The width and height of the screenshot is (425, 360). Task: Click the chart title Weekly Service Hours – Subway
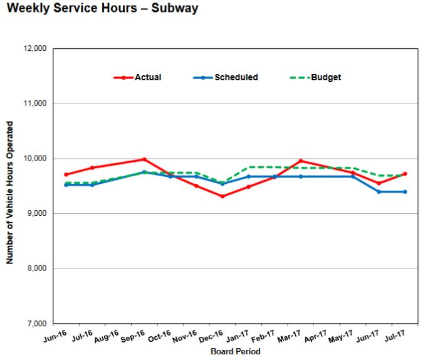click(102, 9)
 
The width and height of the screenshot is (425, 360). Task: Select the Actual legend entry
click(147, 78)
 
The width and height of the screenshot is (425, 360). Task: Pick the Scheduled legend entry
click(236, 78)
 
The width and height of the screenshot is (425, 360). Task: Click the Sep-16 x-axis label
click(133, 337)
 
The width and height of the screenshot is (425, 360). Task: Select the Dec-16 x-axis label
click(211, 337)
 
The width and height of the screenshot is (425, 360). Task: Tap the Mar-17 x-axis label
click(290, 337)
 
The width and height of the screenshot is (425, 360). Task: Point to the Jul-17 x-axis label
click(394, 337)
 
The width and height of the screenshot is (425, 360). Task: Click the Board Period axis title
click(235, 352)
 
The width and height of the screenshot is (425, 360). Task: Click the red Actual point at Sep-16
click(144, 159)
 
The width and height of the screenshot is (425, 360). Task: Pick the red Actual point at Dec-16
click(223, 196)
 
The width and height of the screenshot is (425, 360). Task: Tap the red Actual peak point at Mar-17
click(301, 161)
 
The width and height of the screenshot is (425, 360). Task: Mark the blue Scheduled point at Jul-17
click(405, 191)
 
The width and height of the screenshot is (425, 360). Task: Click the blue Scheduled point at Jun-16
click(66, 184)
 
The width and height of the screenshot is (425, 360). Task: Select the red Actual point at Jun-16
click(66, 174)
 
